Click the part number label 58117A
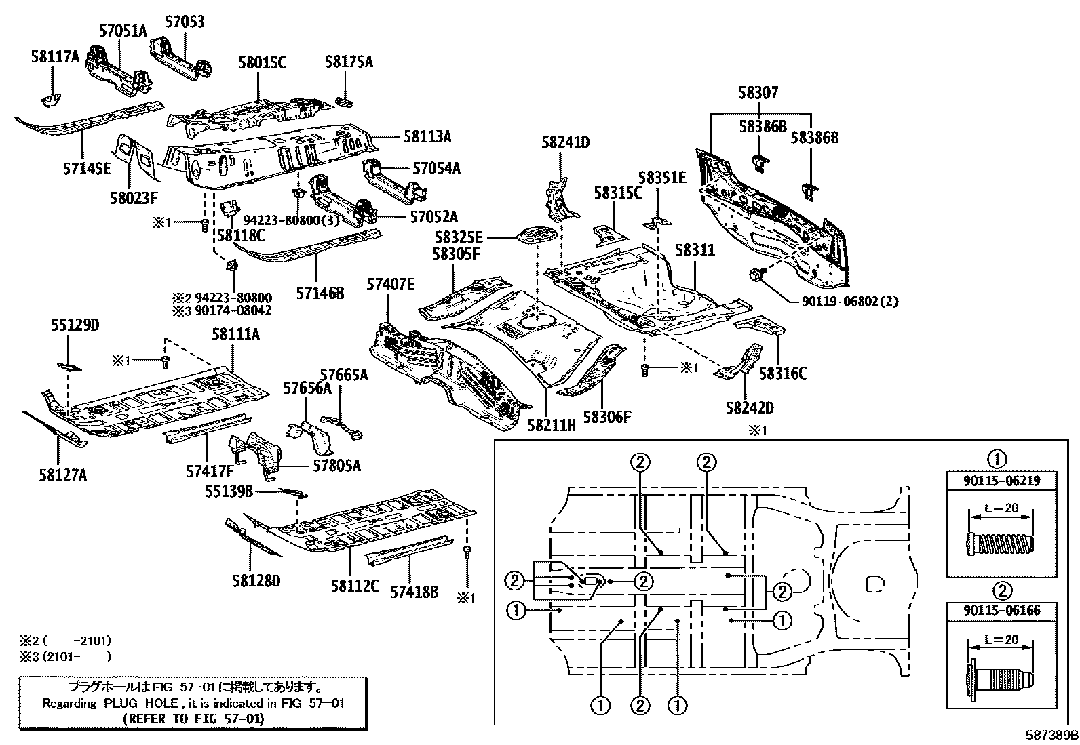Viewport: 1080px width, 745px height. pos(55,57)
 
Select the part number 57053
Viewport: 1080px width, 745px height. pos(185,22)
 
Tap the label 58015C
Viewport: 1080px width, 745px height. pos(263,62)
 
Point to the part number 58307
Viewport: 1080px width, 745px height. pos(758,92)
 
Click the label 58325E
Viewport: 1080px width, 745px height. pos(459,237)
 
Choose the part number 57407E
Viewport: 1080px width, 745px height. pos(391,284)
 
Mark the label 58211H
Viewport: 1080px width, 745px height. pos(552,425)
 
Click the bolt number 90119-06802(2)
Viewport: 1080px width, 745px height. pos(850,302)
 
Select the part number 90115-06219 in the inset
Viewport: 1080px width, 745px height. pos(1002,481)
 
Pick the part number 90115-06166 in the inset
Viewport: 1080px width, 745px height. pos(1002,611)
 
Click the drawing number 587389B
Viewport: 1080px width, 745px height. pos(1052,736)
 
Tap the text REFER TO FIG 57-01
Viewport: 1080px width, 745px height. pos(194,719)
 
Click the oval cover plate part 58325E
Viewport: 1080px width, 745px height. pos(537,234)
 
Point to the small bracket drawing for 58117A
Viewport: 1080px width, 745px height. pos(51,100)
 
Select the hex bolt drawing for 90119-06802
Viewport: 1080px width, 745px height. pos(755,276)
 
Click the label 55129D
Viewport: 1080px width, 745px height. pos(75,325)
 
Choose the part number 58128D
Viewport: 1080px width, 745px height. pos(256,581)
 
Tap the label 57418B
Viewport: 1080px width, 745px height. pos(414,592)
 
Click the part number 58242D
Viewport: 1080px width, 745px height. pos(750,408)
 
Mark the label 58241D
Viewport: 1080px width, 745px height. pos(566,142)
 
